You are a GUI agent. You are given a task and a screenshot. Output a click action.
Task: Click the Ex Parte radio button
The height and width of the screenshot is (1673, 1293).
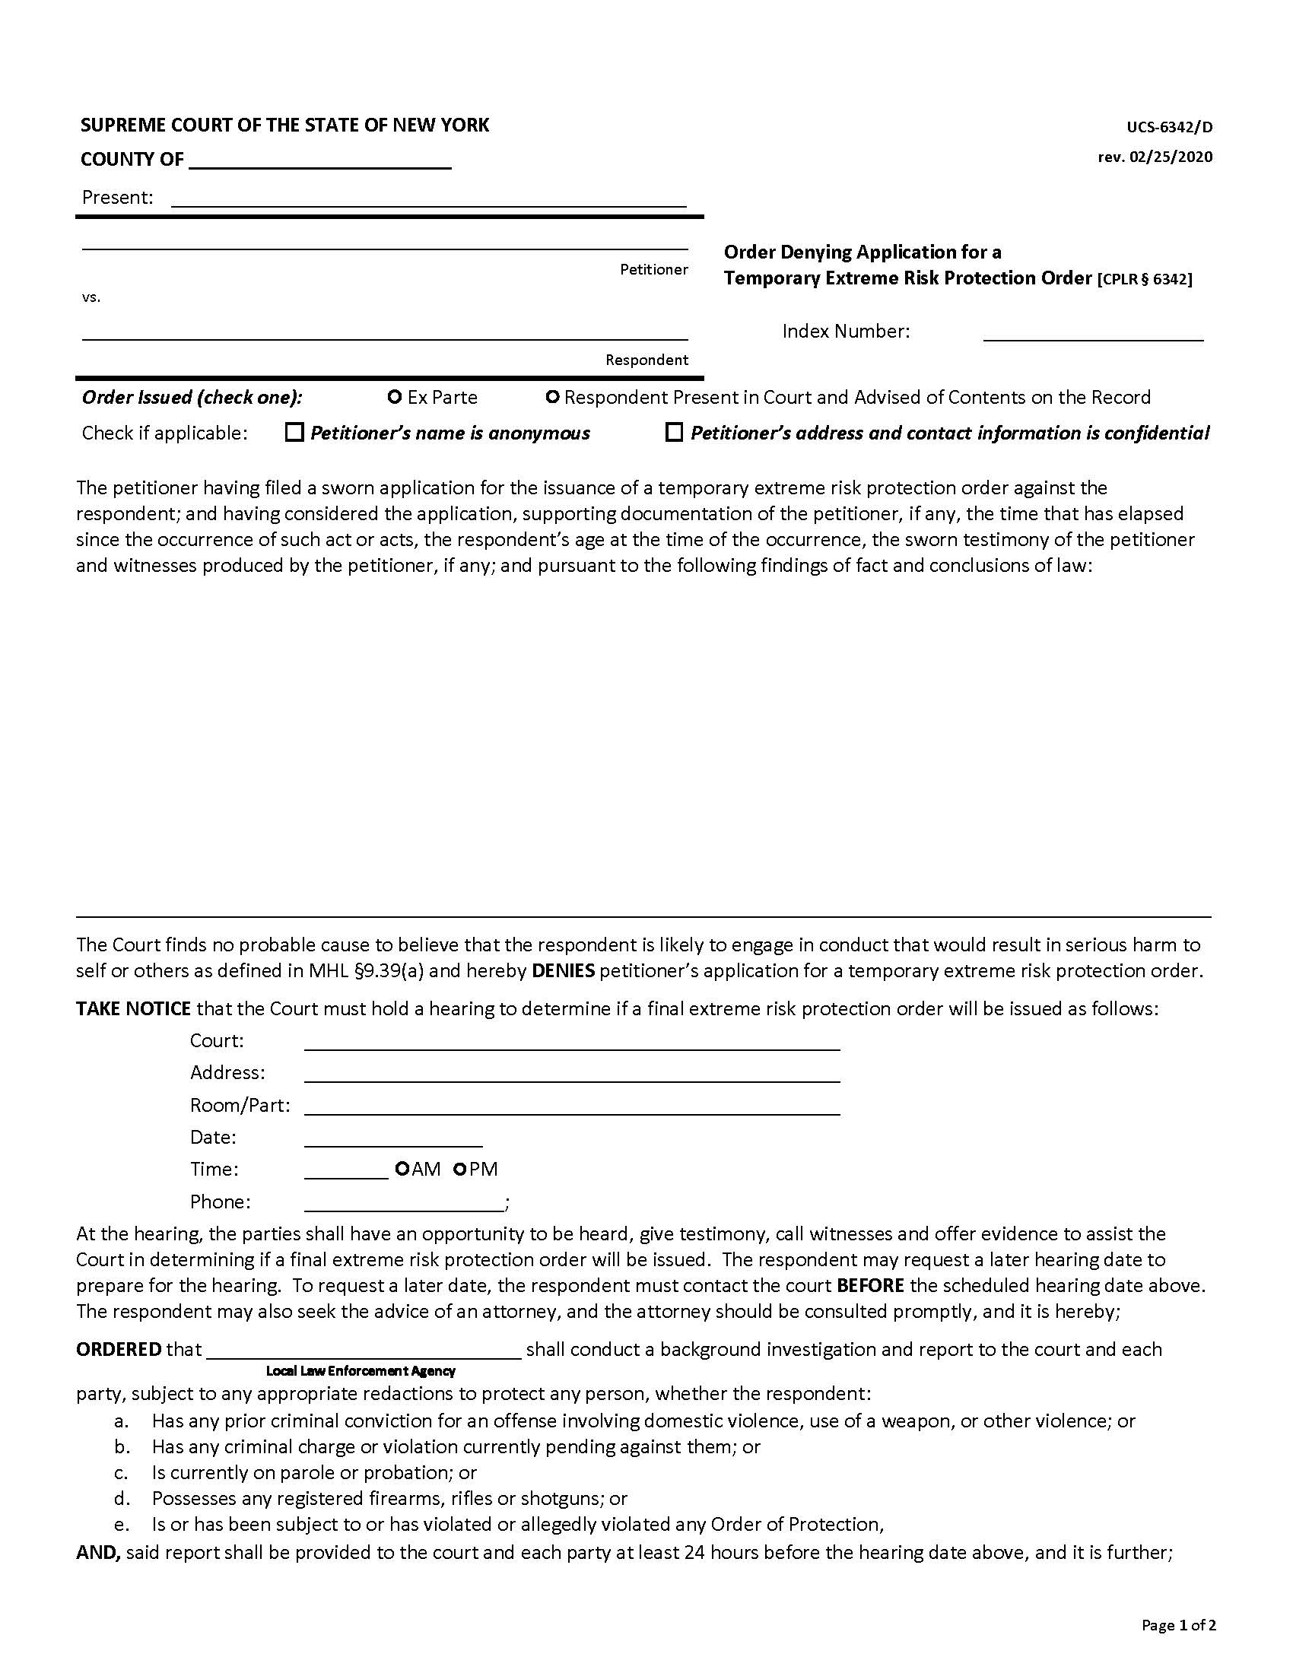tap(396, 397)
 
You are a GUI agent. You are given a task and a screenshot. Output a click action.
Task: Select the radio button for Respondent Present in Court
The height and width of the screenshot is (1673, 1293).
tap(551, 397)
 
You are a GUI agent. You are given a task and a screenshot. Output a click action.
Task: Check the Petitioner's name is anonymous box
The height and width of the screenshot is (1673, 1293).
tap(294, 433)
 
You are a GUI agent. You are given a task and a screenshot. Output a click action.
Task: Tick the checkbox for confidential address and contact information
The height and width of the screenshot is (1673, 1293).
tap(674, 433)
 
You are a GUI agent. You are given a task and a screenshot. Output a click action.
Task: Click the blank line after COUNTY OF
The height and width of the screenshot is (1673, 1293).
tap(319, 161)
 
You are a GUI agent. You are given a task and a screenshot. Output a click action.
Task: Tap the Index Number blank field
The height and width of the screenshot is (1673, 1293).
tap(1093, 332)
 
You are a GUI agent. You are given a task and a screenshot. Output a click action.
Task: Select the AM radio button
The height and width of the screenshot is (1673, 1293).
tap(402, 1169)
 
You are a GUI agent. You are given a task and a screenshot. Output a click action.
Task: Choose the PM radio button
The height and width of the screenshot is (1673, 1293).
tap(460, 1169)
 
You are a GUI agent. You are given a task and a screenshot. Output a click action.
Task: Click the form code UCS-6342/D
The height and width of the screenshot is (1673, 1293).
tap(1169, 127)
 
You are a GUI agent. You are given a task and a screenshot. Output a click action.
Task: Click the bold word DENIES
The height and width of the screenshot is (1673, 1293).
tap(563, 970)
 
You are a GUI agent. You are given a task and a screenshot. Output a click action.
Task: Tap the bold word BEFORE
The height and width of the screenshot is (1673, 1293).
tap(870, 1284)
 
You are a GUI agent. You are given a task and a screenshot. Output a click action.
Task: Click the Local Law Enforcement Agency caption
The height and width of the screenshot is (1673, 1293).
tap(361, 1370)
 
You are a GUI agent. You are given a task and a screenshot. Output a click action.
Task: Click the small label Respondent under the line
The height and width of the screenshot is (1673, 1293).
tap(646, 360)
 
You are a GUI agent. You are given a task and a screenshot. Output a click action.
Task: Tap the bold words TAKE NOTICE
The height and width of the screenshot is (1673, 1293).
tap(133, 1008)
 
